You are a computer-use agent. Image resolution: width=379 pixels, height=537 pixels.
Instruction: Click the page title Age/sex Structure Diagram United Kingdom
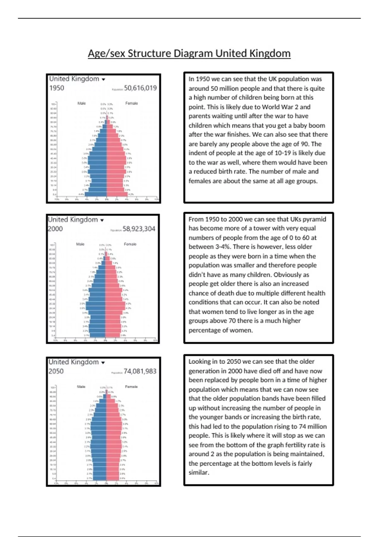pyautogui.click(x=189, y=53)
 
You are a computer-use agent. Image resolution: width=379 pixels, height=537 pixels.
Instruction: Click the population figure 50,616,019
pyautogui.click(x=140, y=88)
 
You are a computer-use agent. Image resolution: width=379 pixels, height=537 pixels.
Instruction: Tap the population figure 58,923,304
pyautogui.click(x=139, y=229)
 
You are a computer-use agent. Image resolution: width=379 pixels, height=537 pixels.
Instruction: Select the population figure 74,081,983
pyautogui.click(x=140, y=371)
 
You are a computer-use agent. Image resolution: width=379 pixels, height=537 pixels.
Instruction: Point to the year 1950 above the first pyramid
pyautogui.click(x=57, y=88)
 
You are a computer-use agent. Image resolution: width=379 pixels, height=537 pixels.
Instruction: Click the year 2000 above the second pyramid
pyautogui.click(x=55, y=229)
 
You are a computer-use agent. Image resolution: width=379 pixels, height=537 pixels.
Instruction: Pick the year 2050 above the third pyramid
pyautogui.click(x=56, y=371)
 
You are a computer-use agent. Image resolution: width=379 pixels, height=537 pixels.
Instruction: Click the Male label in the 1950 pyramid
pyautogui.click(x=81, y=103)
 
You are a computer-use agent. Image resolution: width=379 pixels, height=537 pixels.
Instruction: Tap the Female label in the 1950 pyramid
pyautogui.click(x=131, y=103)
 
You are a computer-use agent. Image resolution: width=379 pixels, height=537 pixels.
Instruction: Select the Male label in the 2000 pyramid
pyautogui.click(x=80, y=244)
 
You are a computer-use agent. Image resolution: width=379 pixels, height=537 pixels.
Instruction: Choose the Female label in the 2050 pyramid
pyautogui.click(x=131, y=387)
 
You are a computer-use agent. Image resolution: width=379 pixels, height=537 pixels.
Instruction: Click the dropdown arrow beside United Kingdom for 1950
pyautogui.click(x=103, y=80)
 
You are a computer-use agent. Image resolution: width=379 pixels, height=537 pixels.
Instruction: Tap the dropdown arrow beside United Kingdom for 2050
pyautogui.click(x=103, y=363)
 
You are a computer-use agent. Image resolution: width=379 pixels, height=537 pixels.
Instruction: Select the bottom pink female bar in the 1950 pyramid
pyautogui.click(x=117, y=194)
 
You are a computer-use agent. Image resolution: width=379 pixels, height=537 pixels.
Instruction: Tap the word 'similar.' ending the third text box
pyautogui.click(x=199, y=473)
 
